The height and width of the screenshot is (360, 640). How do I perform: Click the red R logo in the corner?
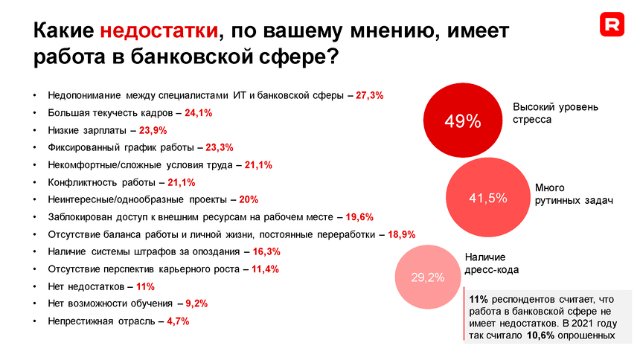pyautogui.click(x=612, y=25)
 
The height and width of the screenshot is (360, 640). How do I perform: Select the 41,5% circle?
pyautogui.click(x=487, y=198)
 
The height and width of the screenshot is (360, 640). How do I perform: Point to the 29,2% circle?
pyautogui.click(x=428, y=277)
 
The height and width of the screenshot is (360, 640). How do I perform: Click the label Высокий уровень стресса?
pyautogui.click(x=555, y=113)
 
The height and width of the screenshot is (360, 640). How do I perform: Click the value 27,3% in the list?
pyautogui.click(x=370, y=96)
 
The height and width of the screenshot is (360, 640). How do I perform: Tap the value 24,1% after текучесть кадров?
pyautogui.click(x=199, y=113)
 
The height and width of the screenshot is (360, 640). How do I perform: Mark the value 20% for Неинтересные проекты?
pyautogui.click(x=249, y=199)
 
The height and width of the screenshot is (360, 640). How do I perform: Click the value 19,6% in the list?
pyautogui.click(x=359, y=217)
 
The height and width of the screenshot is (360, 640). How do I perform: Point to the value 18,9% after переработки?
pyautogui.click(x=401, y=234)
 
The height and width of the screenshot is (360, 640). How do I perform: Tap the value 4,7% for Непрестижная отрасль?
pyautogui.click(x=178, y=321)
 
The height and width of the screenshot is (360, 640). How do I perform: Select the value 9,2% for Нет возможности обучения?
pyautogui.click(x=196, y=303)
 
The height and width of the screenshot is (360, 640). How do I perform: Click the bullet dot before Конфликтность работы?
pyautogui.click(x=34, y=182)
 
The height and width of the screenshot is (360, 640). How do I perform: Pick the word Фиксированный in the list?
pyautogui.click(x=81, y=147)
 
